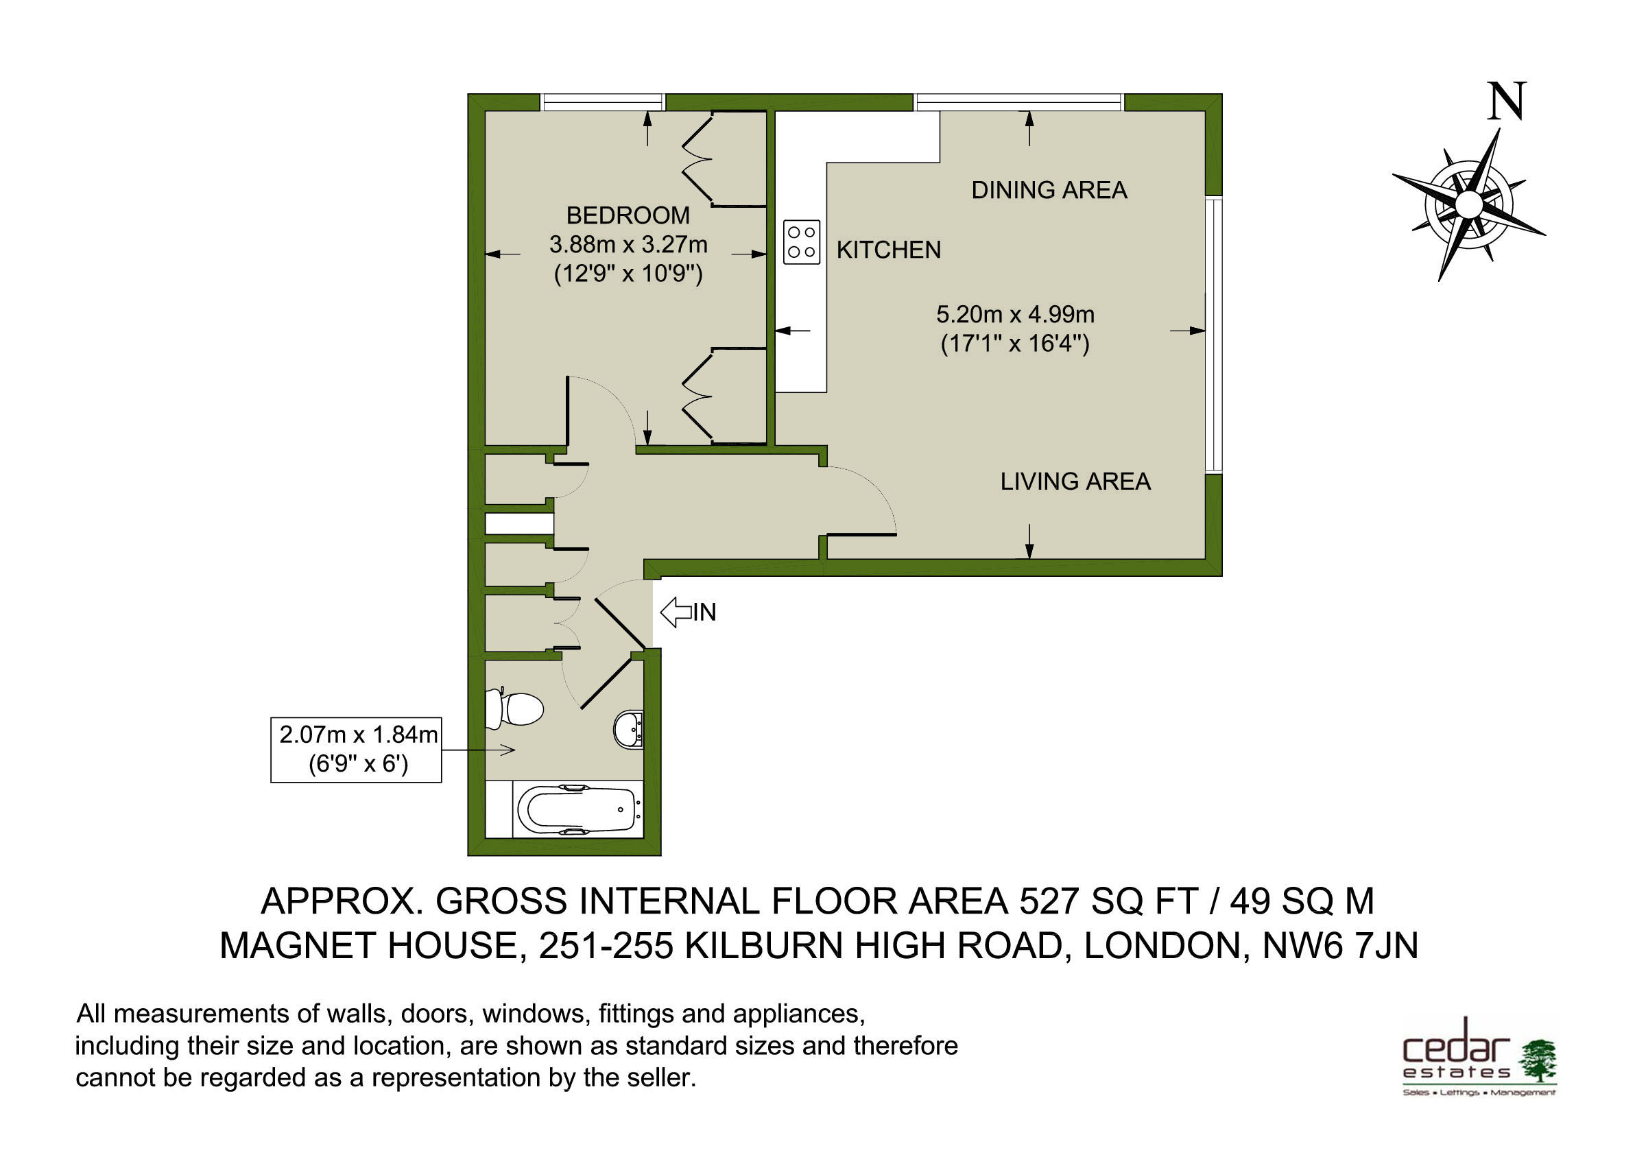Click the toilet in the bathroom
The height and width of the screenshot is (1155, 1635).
pyautogui.click(x=514, y=709)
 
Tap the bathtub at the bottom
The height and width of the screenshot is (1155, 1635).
pyautogui.click(x=577, y=809)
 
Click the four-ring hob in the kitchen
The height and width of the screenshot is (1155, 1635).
pyautogui.click(x=801, y=242)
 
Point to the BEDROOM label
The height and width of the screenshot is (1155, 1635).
pyautogui.click(x=628, y=215)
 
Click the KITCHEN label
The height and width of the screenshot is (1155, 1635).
pyautogui.click(x=888, y=250)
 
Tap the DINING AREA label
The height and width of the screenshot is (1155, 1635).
pyautogui.click(x=1049, y=190)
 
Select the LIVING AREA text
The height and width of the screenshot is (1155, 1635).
pyautogui.click(x=1075, y=481)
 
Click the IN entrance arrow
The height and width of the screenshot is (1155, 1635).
pyautogui.click(x=688, y=612)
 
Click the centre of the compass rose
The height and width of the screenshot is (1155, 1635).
pyautogui.click(x=1468, y=205)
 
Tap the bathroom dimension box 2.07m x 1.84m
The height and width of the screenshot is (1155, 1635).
pyautogui.click(x=356, y=749)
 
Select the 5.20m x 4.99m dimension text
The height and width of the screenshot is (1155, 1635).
pyautogui.click(x=1015, y=314)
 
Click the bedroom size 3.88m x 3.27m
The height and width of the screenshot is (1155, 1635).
pyautogui.click(x=628, y=244)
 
